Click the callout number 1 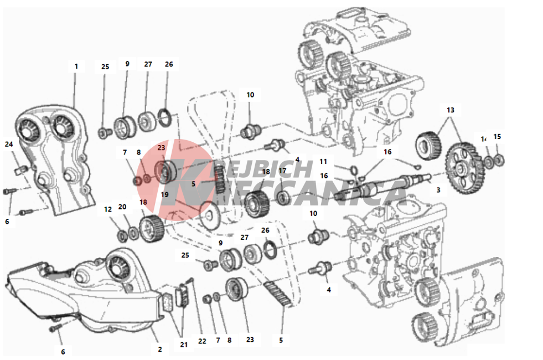76,66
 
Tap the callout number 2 160,349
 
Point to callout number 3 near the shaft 438,190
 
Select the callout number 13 450,110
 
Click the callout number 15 497,136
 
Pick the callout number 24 9,145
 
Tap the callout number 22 202,341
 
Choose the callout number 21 184,344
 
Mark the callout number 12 108,211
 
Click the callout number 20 122,206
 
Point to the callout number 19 164,194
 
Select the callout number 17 282,171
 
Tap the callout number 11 324,162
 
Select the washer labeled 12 122,236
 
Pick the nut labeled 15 499,161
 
